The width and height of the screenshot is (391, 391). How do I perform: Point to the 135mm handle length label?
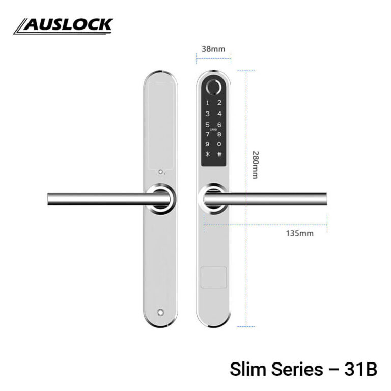pos(300,234)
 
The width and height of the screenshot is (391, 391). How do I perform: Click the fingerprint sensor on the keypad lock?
pos(214,88)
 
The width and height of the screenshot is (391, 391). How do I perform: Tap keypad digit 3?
pos(207,114)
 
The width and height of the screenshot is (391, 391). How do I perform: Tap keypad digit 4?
pos(219,114)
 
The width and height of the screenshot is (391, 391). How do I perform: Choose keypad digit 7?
pos(207,134)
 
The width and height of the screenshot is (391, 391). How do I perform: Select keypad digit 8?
pos(219,134)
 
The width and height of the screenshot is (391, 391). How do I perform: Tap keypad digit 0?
pos(219,144)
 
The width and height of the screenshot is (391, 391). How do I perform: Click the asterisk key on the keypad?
pos(207,154)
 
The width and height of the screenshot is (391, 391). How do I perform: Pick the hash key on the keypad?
pos(219,154)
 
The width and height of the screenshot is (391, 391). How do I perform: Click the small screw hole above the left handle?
pos(160,172)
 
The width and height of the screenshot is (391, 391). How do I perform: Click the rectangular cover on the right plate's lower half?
pos(213,277)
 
